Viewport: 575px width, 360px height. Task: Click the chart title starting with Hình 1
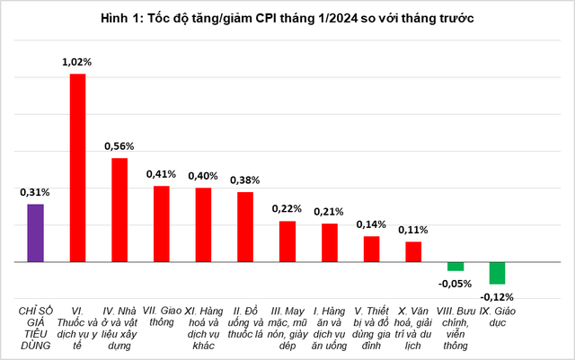287,17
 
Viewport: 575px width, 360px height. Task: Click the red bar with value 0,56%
119,210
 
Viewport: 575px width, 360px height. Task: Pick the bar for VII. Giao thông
161,224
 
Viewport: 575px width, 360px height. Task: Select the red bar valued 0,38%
244,227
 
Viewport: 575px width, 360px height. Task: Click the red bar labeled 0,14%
371,249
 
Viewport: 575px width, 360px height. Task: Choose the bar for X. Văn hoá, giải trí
413,251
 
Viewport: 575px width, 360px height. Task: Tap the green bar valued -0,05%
456,267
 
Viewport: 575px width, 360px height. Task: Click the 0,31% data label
35,192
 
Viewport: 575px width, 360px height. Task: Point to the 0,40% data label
203,175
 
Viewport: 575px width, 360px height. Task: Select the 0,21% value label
329,211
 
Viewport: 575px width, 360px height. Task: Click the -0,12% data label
497,295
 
